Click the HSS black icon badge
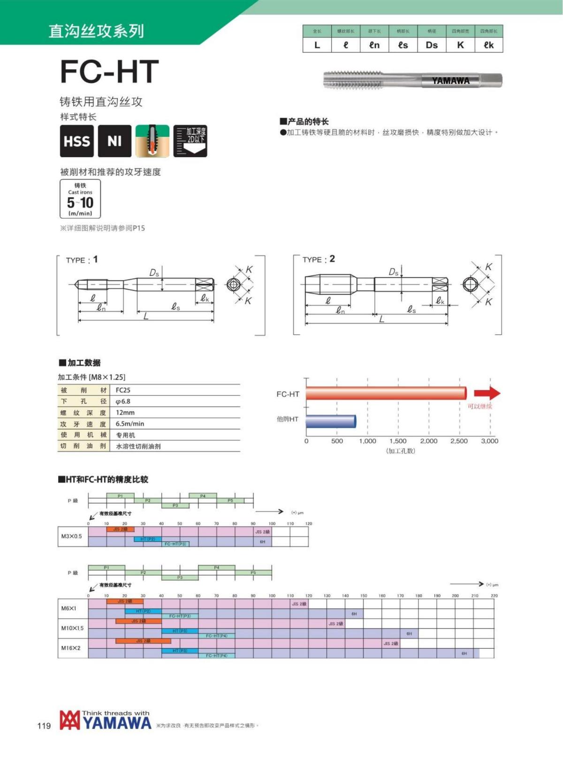click(x=76, y=141)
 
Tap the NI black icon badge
click(x=114, y=141)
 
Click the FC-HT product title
click(x=109, y=72)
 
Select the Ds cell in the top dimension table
click(x=432, y=45)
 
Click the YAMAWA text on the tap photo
click(x=450, y=81)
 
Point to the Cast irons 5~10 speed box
click(x=80, y=199)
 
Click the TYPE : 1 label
click(x=82, y=259)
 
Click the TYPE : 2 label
click(x=319, y=259)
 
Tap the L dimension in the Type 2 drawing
click(x=381, y=319)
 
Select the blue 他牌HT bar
click(x=331, y=421)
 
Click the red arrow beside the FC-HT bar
click(x=487, y=393)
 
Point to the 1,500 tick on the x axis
click(x=398, y=441)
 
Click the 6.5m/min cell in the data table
click(x=130, y=424)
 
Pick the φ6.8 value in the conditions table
click(x=123, y=402)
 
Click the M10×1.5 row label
click(x=72, y=628)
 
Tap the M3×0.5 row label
click(x=71, y=536)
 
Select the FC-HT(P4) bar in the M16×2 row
click(x=216, y=655)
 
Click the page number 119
click(x=44, y=726)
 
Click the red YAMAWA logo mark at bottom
click(x=69, y=720)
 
